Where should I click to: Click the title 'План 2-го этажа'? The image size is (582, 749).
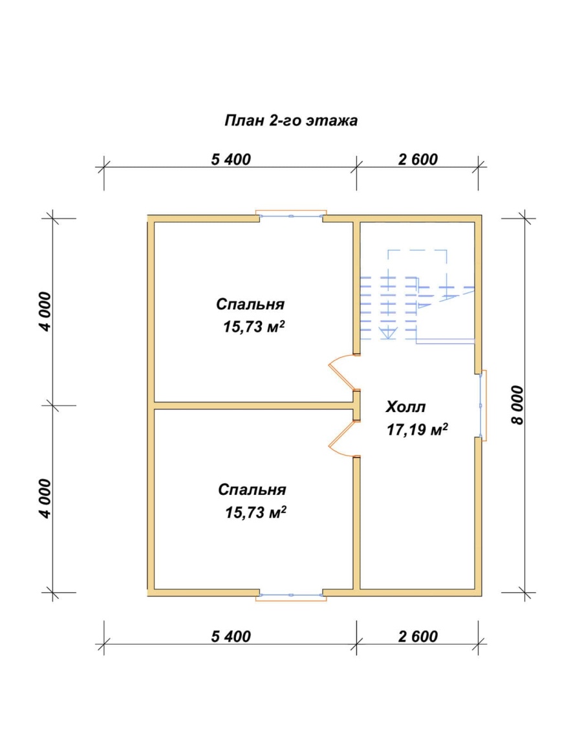pyautogui.click(x=291, y=120)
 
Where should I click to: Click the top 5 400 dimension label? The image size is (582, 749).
pyautogui.click(x=231, y=159)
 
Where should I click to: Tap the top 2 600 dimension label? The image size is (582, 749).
pyautogui.click(x=418, y=159)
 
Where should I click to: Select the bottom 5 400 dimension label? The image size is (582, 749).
pyautogui.click(x=231, y=636)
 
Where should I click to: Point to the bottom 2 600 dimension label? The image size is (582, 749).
pyautogui.click(x=418, y=636)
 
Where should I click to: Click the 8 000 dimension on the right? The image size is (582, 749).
pyautogui.click(x=517, y=405)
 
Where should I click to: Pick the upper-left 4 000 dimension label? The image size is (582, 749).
pyautogui.click(x=45, y=312)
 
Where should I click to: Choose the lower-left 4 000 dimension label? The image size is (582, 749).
pyautogui.click(x=45, y=499)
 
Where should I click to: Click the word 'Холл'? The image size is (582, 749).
pyautogui.click(x=405, y=407)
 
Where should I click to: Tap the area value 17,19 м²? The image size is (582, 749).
pyautogui.click(x=417, y=429)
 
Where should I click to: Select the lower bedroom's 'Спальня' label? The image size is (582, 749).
pyautogui.click(x=252, y=490)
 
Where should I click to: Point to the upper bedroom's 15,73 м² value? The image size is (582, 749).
pyautogui.click(x=254, y=327)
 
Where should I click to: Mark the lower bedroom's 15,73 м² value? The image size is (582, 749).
pyautogui.click(x=255, y=512)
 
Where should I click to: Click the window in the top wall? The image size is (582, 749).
pyautogui.click(x=291, y=217)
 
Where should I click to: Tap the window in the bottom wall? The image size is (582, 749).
pyautogui.click(x=291, y=595)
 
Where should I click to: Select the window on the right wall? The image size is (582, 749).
pyautogui.click(x=482, y=406)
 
